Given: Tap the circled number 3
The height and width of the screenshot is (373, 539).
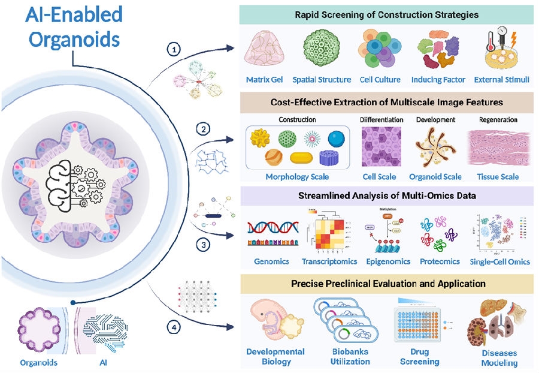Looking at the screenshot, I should [204, 245].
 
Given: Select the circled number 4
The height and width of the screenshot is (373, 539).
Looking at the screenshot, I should [174, 327].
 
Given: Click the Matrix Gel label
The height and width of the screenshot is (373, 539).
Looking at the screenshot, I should [265, 79].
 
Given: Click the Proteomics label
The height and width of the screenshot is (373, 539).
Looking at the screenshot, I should [440, 261].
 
